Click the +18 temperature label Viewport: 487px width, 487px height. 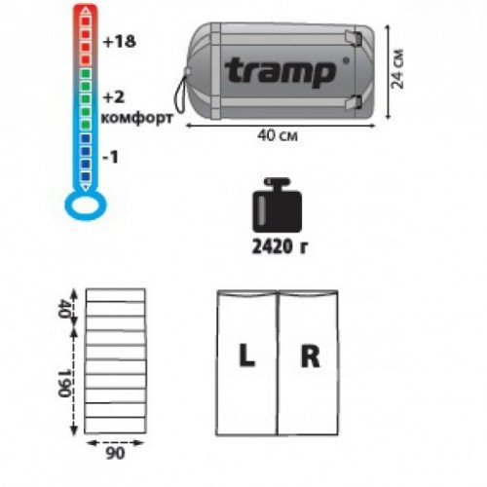click(x=119, y=42)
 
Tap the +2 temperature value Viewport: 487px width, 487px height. click(x=114, y=97)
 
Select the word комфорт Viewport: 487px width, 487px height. click(x=136, y=119)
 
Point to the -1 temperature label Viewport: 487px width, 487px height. click(x=110, y=158)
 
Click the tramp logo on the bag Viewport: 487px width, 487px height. click(x=281, y=73)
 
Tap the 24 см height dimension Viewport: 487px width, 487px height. click(x=397, y=69)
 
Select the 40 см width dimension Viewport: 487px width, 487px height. click(x=278, y=135)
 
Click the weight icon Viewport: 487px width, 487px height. click(x=277, y=206)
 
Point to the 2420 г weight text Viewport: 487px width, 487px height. click(x=280, y=247)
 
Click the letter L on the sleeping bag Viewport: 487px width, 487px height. click(x=246, y=356)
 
